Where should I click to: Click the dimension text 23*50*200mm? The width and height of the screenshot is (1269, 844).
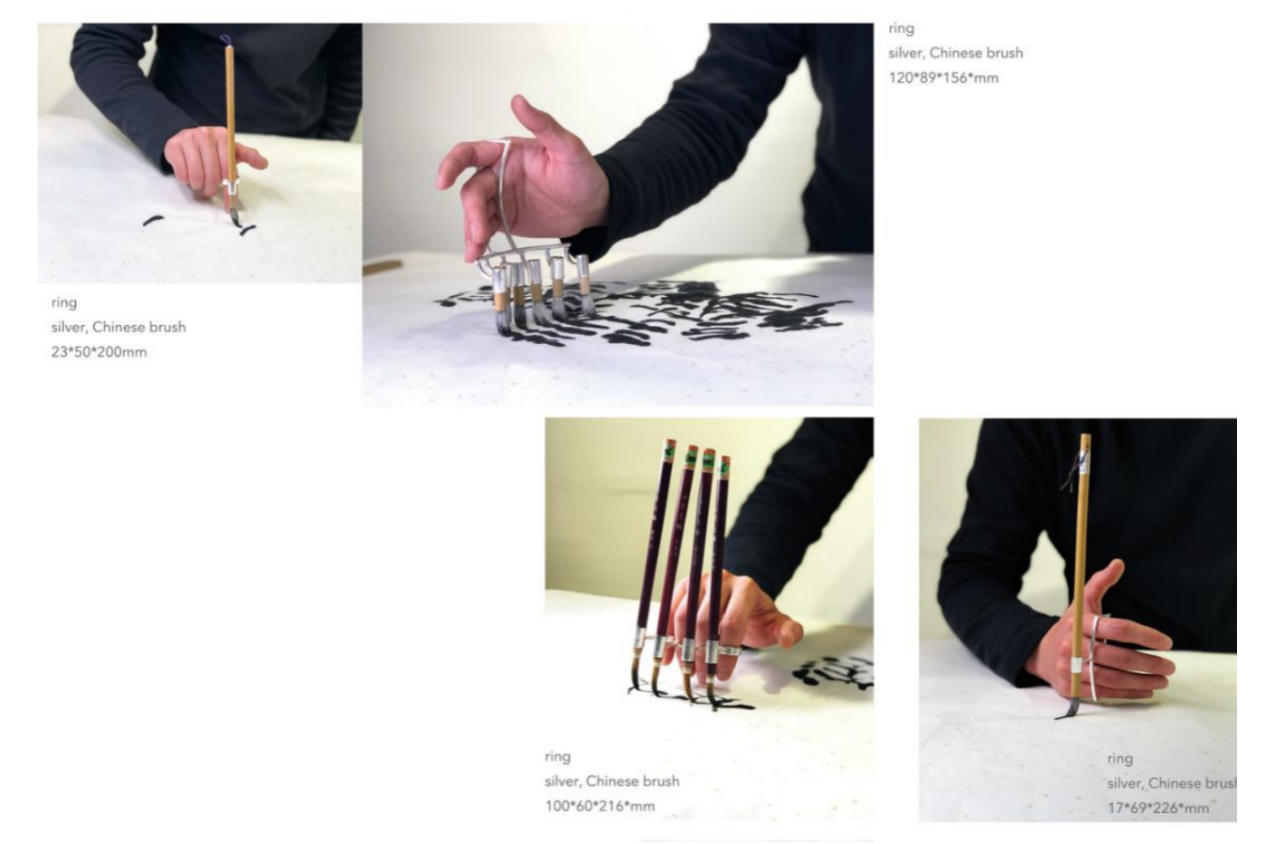click(x=99, y=352)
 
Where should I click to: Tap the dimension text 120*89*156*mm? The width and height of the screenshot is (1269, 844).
click(x=943, y=78)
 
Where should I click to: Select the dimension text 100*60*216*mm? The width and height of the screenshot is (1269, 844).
click(x=600, y=805)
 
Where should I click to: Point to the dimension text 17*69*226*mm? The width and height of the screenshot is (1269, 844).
click(x=1158, y=807)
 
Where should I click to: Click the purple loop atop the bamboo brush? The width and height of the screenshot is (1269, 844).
click(x=226, y=39)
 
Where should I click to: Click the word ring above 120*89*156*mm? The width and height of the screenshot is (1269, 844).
click(x=901, y=28)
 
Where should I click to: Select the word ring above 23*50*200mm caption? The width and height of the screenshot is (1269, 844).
click(x=64, y=303)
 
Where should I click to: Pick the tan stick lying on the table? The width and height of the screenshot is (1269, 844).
click(x=383, y=266)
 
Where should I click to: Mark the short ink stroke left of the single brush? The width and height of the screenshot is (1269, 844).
click(x=153, y=220)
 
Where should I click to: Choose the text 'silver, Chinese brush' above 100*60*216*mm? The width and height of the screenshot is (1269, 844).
click(x=612, y=781)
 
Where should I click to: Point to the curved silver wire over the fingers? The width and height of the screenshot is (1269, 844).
click(x=504, y=193)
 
